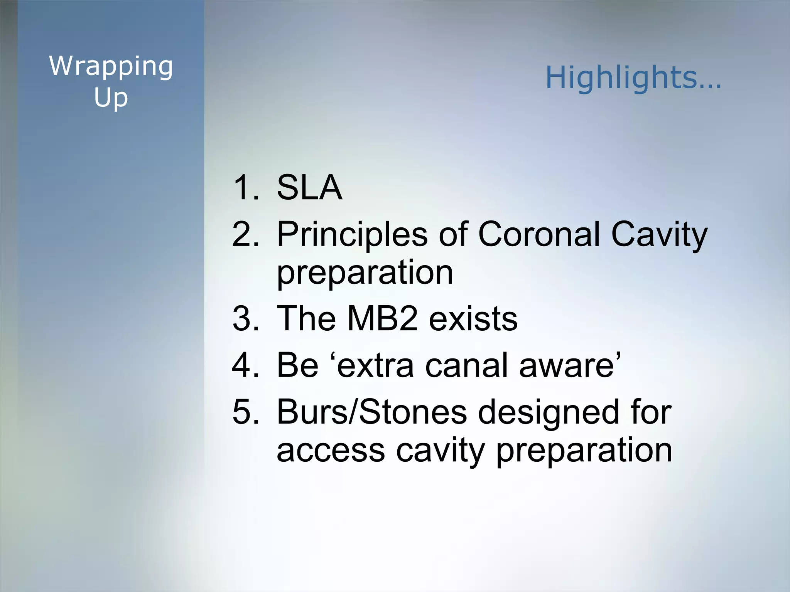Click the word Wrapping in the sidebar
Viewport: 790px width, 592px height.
111,67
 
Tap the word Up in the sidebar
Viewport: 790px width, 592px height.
111,98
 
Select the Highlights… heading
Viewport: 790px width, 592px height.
633,77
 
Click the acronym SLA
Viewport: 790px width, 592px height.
309,188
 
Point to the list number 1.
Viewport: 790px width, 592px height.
245,188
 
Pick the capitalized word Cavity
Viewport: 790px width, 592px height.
659,235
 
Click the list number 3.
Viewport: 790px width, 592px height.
245,319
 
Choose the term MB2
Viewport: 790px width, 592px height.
382,319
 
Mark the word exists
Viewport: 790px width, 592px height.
473,320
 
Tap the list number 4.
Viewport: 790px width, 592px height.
245,365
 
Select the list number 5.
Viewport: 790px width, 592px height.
245,412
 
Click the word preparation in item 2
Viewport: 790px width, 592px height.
365,273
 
